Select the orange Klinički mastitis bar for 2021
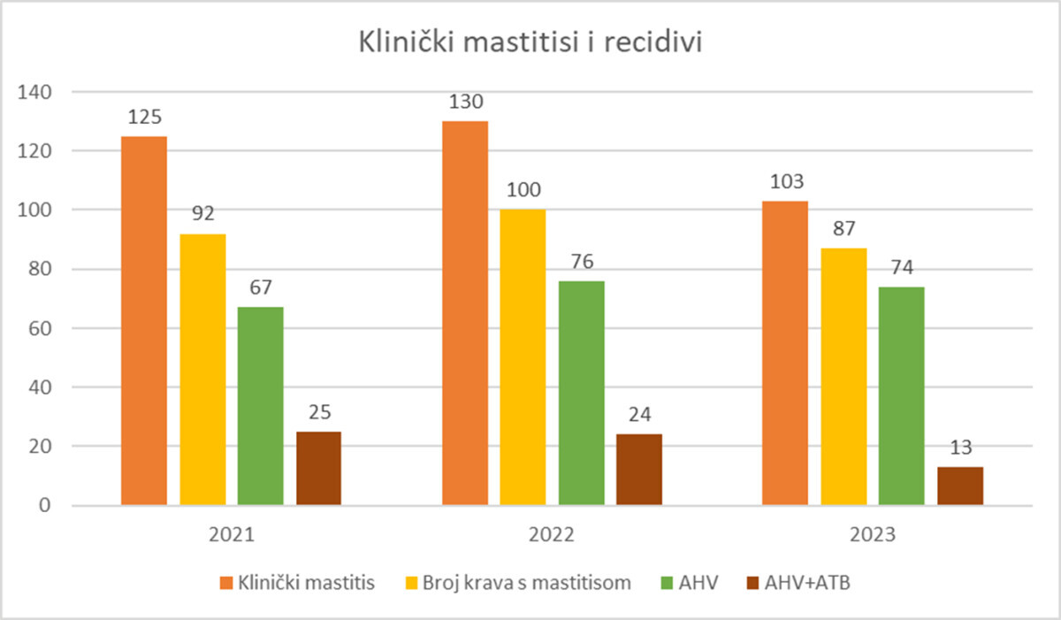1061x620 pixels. [x=144, y=320]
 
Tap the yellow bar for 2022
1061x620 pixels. [x=523, y=357]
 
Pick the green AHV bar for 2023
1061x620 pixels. [x=902, y=395]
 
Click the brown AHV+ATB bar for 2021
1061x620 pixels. [x=318, y=468]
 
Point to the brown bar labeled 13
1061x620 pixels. [x=960, y=486]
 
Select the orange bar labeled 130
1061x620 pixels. [x=464, y=313]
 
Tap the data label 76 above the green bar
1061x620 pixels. [x=581, y=262]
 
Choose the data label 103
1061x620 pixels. [x=785, y=182]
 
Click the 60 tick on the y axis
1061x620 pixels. [x=41, y=328]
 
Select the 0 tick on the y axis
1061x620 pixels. [x=46, y=506]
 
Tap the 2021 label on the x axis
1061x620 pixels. [x=231, y=535]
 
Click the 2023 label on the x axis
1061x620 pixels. [x=872, y=535]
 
